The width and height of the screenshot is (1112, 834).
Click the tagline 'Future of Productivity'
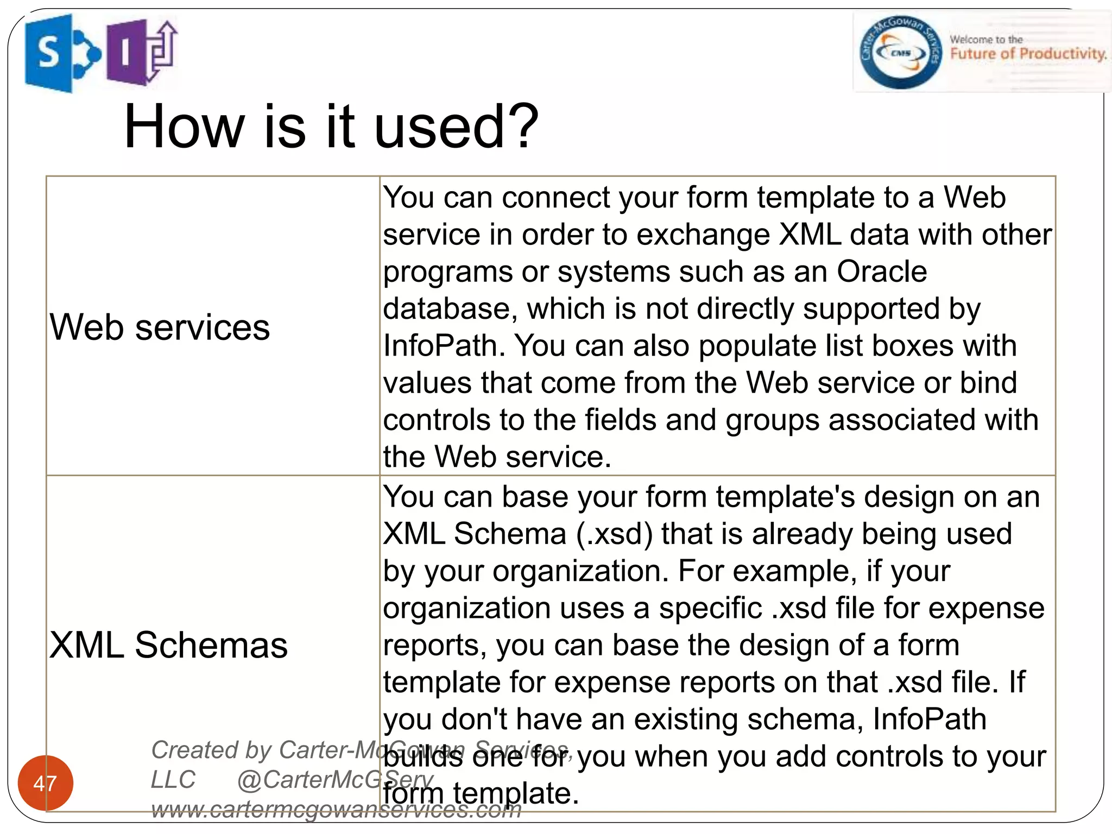click(1028, 54)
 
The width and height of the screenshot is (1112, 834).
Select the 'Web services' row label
click(160, 327)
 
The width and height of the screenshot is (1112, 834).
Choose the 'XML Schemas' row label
click(168, 645)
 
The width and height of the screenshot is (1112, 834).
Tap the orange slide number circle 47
click(45, 783)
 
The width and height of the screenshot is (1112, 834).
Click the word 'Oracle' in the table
click(882, 271)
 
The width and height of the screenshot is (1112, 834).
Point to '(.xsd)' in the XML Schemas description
click(614, 534)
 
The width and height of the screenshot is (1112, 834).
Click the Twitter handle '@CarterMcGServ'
click(335, 780)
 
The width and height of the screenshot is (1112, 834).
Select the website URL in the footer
click(336, 809)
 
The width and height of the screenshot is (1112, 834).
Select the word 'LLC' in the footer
click(173, 780)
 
